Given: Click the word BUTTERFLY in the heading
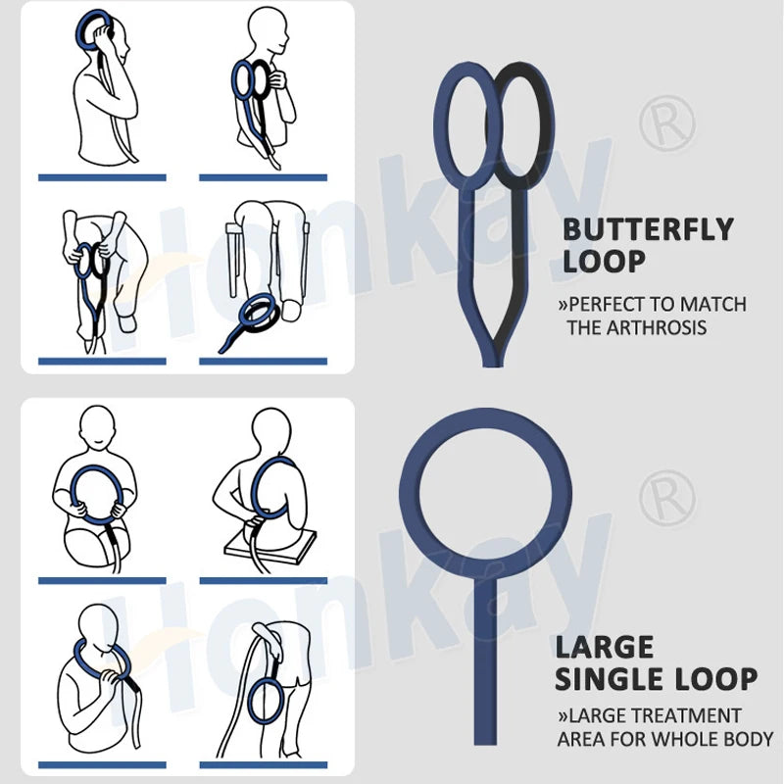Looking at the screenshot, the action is click(648, 229).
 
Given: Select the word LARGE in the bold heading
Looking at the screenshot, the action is click(605, 647).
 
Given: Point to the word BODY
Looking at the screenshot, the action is click(748, 739).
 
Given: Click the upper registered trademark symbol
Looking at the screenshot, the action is click(667, 123).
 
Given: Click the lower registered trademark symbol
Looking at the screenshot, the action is click(667, 499).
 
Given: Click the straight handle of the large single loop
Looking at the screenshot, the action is click(485, 660).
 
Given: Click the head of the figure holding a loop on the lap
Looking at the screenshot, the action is click(97, 426).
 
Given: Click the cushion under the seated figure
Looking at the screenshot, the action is click(270, 544).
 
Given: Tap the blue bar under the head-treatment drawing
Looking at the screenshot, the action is click(102, 177).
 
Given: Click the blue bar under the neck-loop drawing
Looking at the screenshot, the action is click(102, 765).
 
